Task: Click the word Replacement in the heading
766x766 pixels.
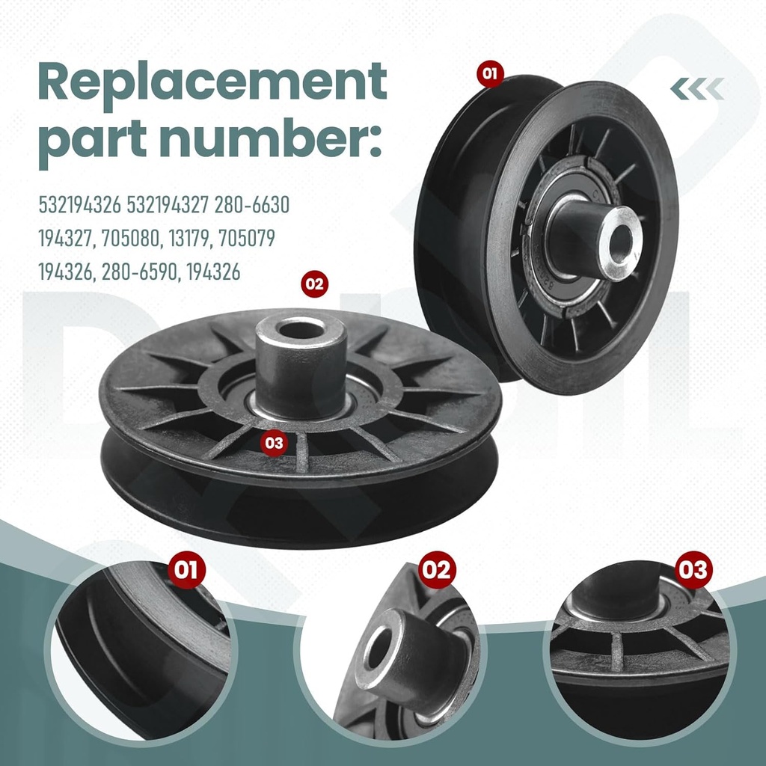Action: pos(212,84)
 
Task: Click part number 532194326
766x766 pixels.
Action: pos(80,204)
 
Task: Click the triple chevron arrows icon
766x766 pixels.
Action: pos(696,89)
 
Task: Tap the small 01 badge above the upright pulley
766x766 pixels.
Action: pos(490,74)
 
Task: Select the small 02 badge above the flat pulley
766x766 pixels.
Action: pos(314,284)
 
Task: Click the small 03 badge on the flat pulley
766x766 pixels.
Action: pos(275,442)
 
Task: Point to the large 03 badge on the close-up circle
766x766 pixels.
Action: pos(691,571)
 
